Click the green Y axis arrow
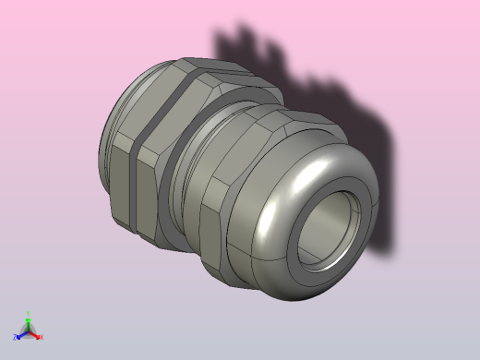click(28, 322)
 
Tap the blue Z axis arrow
click(21, 334)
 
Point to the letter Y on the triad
click(28, 314)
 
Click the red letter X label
click(42, 337)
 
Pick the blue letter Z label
click(15, 337)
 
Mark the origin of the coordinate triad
click(28, 330)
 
